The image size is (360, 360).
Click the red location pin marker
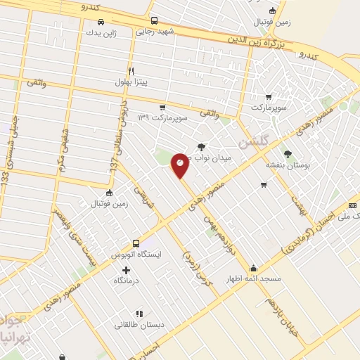click(180, 165)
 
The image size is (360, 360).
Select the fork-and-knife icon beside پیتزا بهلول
click(131, 71)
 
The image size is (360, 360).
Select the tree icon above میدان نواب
click(202, 146)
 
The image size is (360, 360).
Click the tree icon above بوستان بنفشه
click(287, 153)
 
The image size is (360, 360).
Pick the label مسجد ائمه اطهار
click(254, 278)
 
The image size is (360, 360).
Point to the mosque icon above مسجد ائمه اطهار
click(253, 268)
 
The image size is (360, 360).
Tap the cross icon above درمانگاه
click(126, 270)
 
